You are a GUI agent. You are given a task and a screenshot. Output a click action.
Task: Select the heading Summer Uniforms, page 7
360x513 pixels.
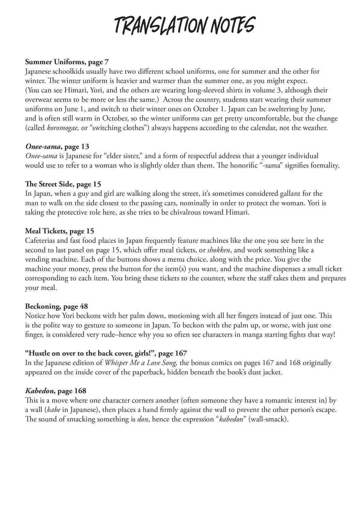pos(67,62)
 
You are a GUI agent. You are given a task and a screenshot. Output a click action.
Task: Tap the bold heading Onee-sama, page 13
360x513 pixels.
pos(57,147)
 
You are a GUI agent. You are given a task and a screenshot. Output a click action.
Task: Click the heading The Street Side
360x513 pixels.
pos(63,184)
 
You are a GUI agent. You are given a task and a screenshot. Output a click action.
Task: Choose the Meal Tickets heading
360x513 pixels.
pos(59,231)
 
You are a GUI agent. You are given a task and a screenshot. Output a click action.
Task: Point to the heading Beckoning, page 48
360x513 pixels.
pos(56,306)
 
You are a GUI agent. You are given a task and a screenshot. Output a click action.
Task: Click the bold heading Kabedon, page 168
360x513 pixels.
pos(56,391)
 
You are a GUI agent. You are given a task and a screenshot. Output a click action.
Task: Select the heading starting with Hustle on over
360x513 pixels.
pos(106,353)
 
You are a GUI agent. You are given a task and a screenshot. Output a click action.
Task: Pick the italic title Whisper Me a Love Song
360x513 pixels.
pos(141,363)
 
